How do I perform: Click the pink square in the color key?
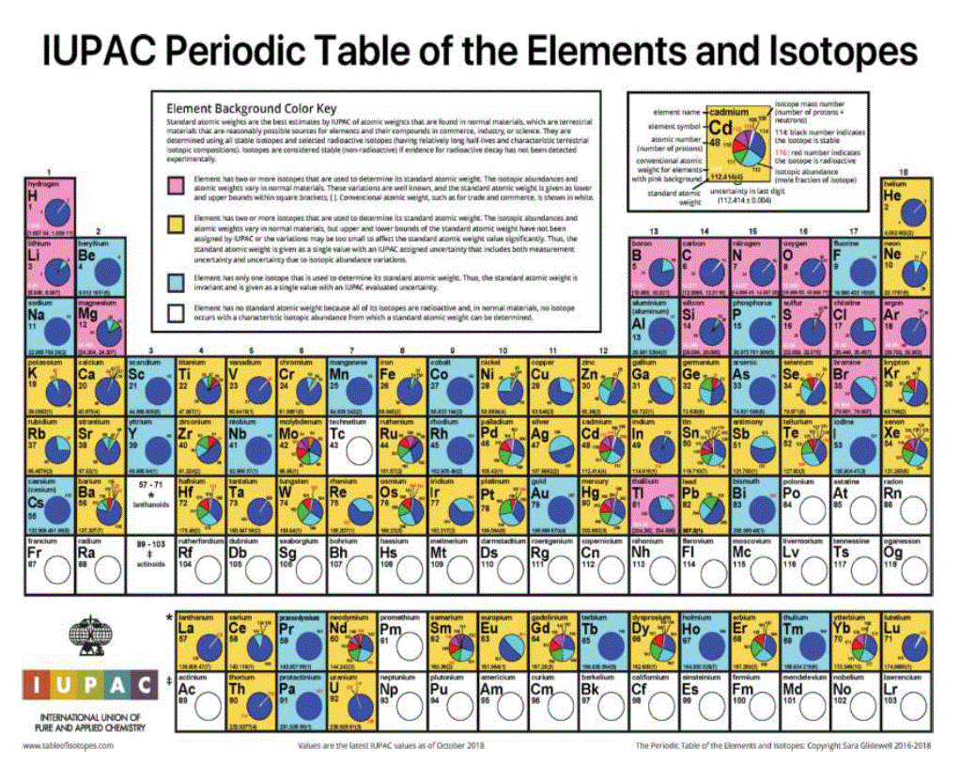point(172,182)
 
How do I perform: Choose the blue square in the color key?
point(172,281)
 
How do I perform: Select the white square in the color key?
point(172,312)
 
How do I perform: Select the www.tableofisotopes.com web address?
point(67,745)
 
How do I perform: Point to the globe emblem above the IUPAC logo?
point(87,638)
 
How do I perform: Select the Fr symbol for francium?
point(38,553)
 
